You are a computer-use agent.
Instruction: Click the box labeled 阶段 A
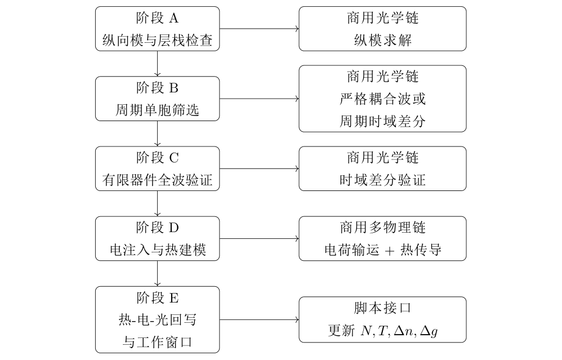pos(157,29)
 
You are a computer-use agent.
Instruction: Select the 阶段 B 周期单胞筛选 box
pos(157,99)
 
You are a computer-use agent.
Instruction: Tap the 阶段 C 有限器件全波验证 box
pos(157,168)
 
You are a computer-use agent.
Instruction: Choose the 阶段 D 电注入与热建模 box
pos(157,238)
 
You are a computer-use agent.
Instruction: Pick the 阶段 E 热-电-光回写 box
pos(157,319)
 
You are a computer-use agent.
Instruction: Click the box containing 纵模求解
pos(382,29)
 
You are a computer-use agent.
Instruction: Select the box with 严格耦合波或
pos(382,99)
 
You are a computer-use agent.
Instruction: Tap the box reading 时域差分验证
pos(382,168)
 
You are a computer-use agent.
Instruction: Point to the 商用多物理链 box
pos(382,238)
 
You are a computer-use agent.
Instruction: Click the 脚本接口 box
pos(382,319)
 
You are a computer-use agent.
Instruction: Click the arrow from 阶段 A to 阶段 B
pos(157,64)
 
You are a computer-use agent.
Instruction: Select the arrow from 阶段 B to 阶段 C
pos(157,134)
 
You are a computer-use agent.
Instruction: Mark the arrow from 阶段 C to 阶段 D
pos(157,204)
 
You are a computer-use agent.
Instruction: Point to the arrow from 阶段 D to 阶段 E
pos(157,274)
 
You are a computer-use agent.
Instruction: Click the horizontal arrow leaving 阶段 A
pos(259,29)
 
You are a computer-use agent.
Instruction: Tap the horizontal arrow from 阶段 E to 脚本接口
pos(259,319)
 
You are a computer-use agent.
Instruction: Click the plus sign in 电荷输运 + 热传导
pos(390,251)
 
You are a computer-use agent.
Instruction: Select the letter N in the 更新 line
pos(366,331)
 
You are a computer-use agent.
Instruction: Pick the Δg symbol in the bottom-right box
pos(429,331)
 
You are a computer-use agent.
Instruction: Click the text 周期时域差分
pos(382,121)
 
